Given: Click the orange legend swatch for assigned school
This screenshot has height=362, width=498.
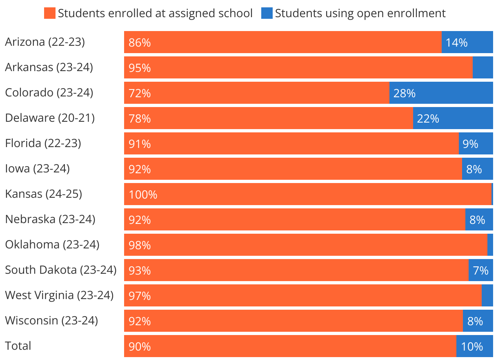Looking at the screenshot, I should (x=49, y=13).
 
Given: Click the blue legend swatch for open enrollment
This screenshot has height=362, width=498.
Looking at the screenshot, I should (x=267, y=13).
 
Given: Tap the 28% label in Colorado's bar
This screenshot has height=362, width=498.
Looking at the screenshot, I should (x=404, y=93).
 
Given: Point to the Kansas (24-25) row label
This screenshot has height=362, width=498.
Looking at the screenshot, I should (x=43, y=194).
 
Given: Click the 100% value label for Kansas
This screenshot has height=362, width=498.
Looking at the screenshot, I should (x=143, y=194).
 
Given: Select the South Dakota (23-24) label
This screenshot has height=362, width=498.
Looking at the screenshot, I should (x=61, y=270).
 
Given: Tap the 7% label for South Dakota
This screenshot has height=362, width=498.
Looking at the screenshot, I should (x=480, y=270).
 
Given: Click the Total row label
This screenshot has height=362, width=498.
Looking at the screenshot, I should (x=18, y=346).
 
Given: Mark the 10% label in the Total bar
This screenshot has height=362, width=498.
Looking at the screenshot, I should (x=472, y=346).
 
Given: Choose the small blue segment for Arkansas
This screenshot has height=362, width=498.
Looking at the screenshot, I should (x=482, y=67).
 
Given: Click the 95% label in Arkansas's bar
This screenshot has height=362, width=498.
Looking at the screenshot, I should (x=140, y=68).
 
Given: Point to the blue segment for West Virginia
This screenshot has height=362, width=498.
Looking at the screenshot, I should (x=487, y=295).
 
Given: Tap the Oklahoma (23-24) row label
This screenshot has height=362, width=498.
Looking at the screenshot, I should (x=52, y=244).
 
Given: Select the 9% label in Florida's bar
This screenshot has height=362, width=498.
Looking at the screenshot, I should (x=470, y=144).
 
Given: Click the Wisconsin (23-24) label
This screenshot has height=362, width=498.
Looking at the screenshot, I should (x=51, y=320).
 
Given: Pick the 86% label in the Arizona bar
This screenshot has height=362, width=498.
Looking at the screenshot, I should (x=140, y=42).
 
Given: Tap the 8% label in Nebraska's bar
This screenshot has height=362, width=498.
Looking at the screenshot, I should (x=477, y=220).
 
